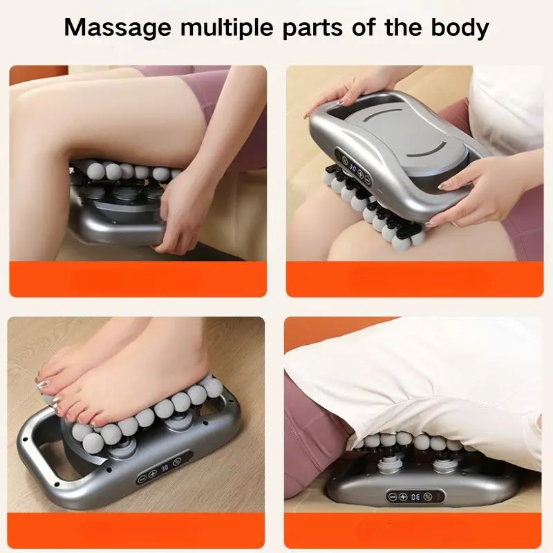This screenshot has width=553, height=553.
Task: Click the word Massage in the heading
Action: point(118,27)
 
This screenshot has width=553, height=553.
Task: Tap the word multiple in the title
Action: point(227,27)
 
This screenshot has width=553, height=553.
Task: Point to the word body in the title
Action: point(460,27)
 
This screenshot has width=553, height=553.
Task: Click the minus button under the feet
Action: point(142,478)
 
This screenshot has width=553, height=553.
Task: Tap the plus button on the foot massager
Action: point(152,474)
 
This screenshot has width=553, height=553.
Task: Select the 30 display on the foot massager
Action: point(165,469)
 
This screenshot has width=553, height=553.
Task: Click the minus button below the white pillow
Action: point(393,497)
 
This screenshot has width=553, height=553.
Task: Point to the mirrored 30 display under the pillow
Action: point(415,496)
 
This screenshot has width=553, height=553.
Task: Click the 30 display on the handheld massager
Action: point(352,167)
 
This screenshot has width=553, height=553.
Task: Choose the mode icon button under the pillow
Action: point(427,496)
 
